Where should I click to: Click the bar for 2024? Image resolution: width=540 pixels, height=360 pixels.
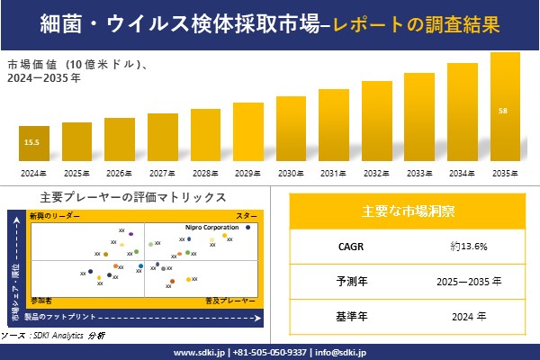click(x=31, y=144)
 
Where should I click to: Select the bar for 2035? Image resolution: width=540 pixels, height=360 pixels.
click(x=505, y=107)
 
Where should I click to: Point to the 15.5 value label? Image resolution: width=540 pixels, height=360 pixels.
click(x=31, y=142)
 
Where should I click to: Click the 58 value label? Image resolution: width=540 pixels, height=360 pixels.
click(x=502, y=111)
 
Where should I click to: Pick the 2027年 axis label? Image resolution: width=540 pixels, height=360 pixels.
click(x=162, y=173)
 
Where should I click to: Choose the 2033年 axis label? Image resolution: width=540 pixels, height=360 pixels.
click(x=419, y=173)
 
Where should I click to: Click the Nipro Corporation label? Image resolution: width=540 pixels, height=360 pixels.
click(x=212, y=228)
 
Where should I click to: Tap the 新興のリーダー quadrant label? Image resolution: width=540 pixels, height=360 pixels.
click(x=55, y=217)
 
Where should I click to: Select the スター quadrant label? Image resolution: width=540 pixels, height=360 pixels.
click(x=246, y=217)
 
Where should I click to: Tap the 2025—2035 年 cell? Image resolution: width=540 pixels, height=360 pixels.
click(x=469, y=281)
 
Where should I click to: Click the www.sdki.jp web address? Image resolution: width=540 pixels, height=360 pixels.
click(x=199, y=352)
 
